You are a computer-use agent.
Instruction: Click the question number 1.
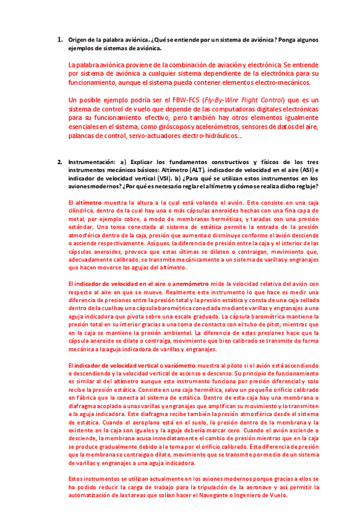click(x=60, y=40)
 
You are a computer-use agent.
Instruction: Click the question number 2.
click(x=60, y=162)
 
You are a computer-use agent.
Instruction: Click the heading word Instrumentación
click(x=91, y=162)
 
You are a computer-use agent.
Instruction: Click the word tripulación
click(x=203, y=487)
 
